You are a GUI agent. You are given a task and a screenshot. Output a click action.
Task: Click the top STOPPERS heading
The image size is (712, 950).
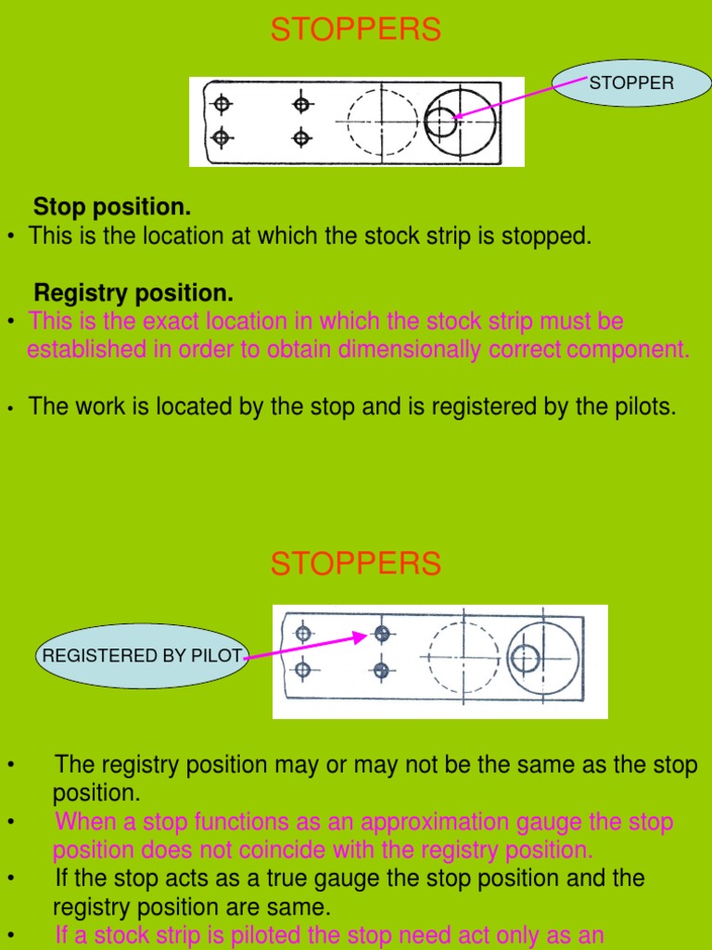tap(356, 31)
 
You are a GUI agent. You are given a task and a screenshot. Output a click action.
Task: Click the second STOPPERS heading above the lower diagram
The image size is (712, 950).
tap(356, 563)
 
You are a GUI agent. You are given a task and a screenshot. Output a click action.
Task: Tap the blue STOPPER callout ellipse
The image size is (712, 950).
tap(631, 83)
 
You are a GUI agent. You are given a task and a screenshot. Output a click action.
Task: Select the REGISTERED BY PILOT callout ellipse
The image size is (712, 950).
tap(140, 656)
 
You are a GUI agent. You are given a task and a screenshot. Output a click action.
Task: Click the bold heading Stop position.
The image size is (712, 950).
tap(112, 206)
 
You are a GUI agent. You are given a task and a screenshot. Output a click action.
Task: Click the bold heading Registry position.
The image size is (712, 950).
tap(133, 293)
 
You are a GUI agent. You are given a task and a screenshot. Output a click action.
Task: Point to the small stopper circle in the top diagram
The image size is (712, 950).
tap(440, 122)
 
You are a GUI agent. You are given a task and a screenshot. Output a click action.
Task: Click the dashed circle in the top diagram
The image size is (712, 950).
tap(383, 122)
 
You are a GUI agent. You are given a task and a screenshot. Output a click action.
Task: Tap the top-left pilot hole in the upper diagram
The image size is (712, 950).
tap(221, 104)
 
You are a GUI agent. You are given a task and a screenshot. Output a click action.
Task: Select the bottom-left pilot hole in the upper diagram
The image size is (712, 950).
tap(221, 138)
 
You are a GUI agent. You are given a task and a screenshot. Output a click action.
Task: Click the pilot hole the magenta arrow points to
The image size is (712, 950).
tap(381, 634)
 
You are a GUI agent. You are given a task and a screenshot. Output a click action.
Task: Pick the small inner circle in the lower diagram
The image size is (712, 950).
tap(525, 659)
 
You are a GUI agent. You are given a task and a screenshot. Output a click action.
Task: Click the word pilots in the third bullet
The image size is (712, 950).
tap(641, 406)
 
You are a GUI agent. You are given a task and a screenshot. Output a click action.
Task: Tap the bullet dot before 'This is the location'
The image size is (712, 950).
tap(10, 237)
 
